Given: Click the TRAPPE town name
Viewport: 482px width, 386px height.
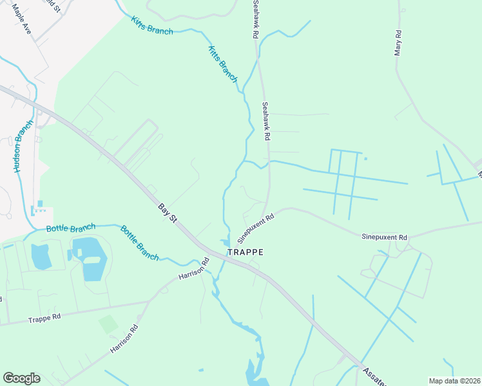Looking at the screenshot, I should pos(245,252).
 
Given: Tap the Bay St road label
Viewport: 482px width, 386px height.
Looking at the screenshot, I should pos(168,212).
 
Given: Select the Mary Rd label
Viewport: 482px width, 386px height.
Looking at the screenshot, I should pos(399,43).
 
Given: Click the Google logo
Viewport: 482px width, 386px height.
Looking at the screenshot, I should pos(21,378).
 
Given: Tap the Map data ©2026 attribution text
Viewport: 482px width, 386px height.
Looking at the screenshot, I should pos(455,381).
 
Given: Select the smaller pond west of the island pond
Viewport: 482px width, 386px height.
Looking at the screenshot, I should pos(41,256).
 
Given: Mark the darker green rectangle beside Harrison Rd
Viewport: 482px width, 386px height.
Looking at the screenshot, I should pos(108,324).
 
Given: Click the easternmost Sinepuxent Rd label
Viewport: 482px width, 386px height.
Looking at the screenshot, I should pos(384,237).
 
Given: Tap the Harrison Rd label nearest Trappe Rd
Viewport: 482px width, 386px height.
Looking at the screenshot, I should pos(124,339).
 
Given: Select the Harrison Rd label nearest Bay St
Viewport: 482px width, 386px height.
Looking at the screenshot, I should pos(195,273).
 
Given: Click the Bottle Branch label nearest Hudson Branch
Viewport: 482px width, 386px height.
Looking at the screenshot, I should pos(71,228).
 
